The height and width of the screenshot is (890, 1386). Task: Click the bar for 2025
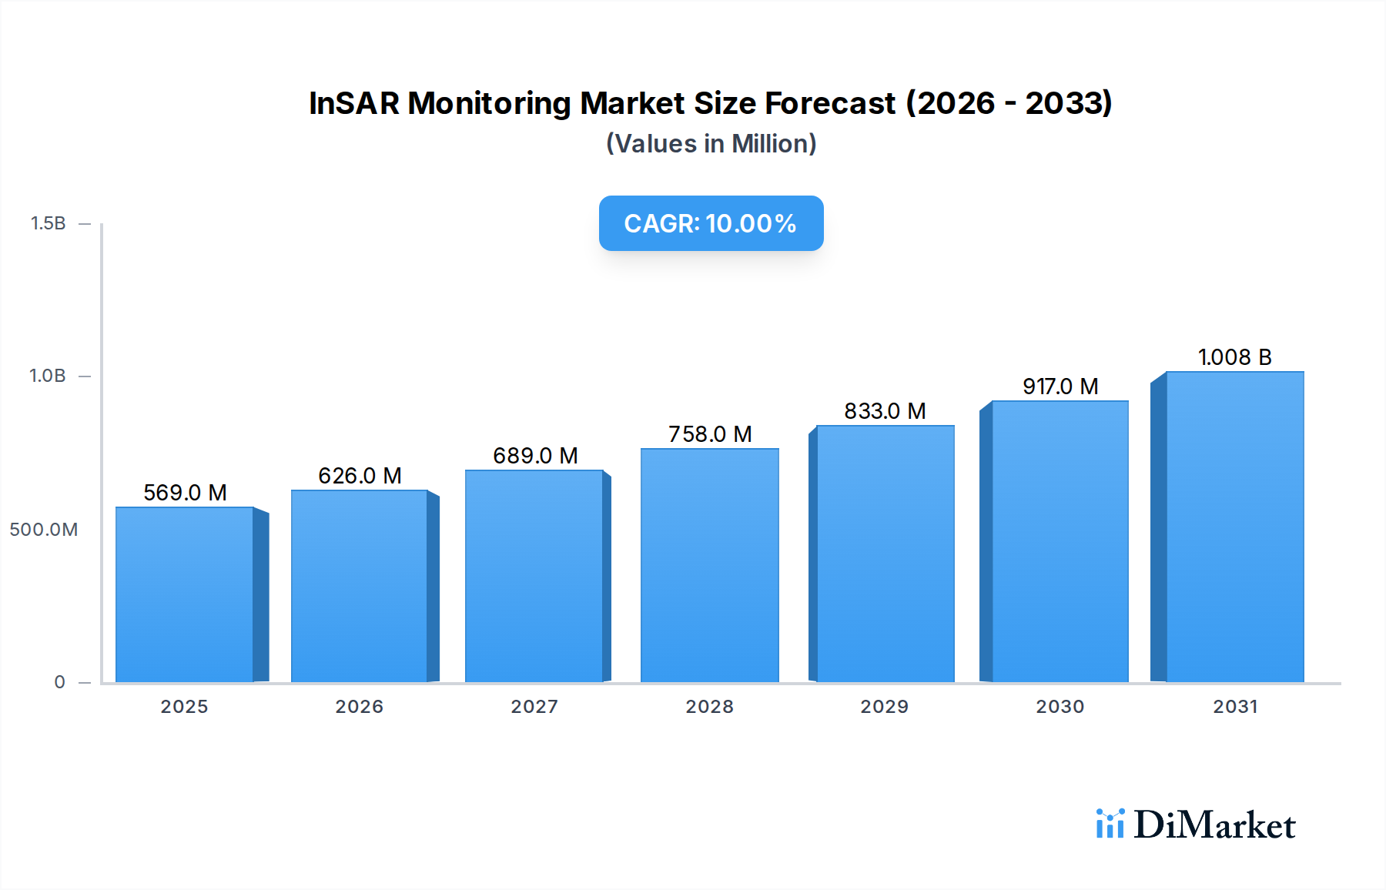tap(185, 594)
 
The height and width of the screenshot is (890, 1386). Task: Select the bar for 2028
tap(709, 565)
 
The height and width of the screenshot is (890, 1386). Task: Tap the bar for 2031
tap(1235, 527)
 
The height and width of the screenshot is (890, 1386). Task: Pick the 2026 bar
tap(360, 586)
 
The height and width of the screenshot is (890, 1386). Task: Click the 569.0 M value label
tap(185, 493)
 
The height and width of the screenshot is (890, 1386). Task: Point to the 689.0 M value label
tap(535, 456)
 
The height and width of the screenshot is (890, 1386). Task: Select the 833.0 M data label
tap(885, 411)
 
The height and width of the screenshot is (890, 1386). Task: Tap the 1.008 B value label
tap(1234, 357)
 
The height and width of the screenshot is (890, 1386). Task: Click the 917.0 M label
tap(1060, 386)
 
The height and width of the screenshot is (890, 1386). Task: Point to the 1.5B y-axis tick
tap(48, 223)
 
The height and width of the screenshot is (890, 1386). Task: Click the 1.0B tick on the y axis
tap(48, 376)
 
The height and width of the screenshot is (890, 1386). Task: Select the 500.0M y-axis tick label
tap(44, 530)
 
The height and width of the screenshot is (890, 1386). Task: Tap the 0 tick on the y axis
tap(59, 682)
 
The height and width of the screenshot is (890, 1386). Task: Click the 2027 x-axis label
tap(534, 707)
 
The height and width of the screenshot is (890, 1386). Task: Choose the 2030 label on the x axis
tap(1060, 707)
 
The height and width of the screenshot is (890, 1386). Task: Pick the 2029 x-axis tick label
tap(884, 707)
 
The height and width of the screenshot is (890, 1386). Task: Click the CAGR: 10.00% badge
tap(711, 223)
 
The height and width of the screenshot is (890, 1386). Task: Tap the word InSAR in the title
tap(353, 103)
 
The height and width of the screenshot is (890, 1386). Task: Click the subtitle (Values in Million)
tap(711, 144)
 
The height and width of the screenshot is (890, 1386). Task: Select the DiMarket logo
tap(1196, 825)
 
